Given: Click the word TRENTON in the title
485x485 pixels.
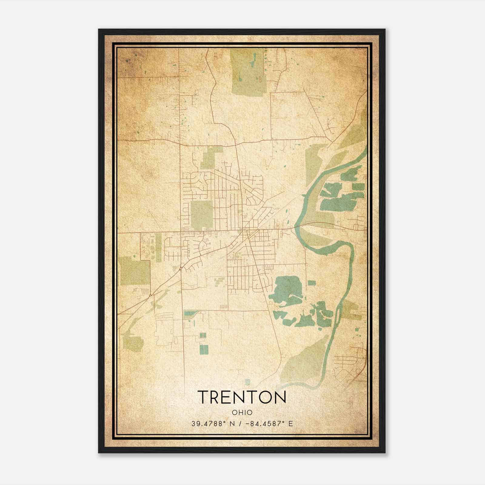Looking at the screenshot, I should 242,397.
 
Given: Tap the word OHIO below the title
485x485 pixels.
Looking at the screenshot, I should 242,413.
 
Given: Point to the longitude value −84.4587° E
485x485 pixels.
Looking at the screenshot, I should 269,424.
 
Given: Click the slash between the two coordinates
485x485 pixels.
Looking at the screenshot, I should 241,424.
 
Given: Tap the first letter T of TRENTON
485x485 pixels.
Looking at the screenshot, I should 203,397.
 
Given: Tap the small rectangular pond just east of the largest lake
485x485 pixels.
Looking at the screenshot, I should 312,283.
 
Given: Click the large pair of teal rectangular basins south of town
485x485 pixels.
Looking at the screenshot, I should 204,350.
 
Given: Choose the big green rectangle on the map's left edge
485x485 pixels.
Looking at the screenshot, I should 135,271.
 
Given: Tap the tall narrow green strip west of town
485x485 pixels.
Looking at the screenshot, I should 158,247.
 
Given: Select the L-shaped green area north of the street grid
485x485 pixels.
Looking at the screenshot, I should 209,158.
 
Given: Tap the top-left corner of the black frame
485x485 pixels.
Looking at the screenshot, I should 99,30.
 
